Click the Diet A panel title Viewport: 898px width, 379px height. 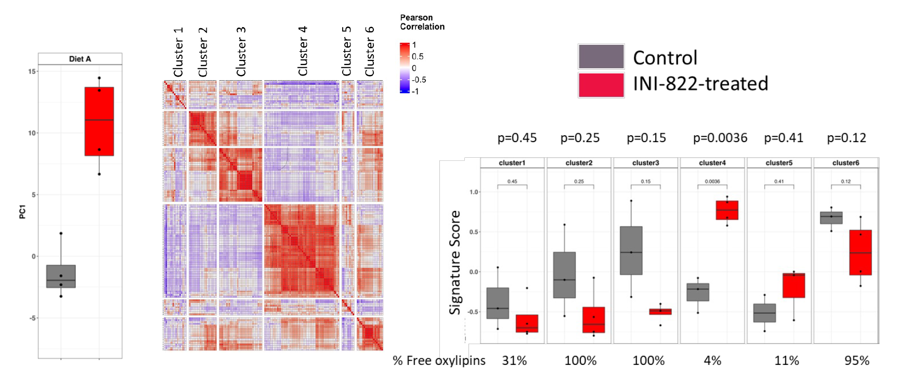(x=80, y=59)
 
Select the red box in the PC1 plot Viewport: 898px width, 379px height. (x=99, y=121)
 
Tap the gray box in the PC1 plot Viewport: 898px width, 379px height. (x=61, y=276)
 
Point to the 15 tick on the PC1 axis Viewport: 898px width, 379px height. (x=32, y=71)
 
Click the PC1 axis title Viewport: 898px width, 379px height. (x=22, y=212)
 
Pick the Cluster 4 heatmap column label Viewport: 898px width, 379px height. (x=303, y=51)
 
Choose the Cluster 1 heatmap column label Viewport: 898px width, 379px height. (x=178, y=52)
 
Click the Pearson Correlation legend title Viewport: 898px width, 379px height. (x=422, y=22)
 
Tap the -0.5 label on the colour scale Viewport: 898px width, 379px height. (x=419, y=80)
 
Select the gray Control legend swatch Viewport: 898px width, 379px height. (x=601, y=57)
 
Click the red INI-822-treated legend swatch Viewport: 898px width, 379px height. (x=601, y=85)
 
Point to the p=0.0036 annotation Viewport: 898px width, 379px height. (x=720, y=138)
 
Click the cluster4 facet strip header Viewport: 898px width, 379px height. (x=712, y=163)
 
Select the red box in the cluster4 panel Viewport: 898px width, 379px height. (x=727, y=210)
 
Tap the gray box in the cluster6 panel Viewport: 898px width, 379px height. (x=831, y=218)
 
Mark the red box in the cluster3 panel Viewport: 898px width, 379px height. (x=660, y=311)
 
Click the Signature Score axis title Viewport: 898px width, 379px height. (x=455, y=262)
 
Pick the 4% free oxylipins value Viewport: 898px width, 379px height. (x=712, y=360)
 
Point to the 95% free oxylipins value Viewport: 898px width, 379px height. (x=856, y=360)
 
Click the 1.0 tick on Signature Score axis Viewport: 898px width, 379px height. (x=474, y=192)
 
